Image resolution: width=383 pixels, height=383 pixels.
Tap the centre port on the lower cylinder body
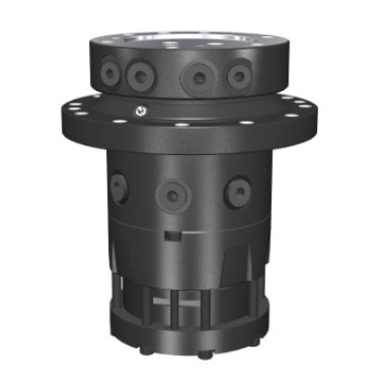coord(170,194)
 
